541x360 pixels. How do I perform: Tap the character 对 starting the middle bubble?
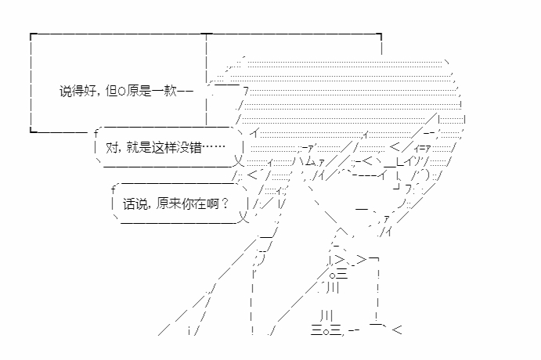point(110,146)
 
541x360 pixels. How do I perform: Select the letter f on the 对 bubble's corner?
point(96,132)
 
